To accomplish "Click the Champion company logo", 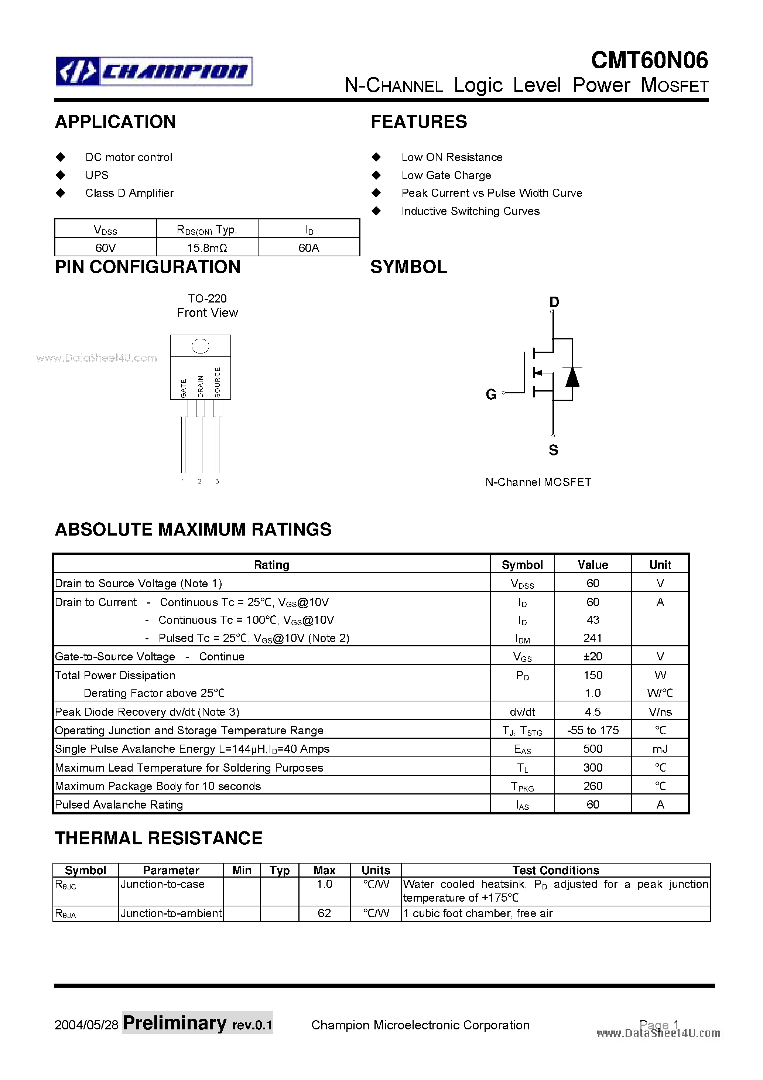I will (154, 72).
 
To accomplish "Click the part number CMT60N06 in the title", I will (649, 60).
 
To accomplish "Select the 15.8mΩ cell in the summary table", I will (207, 247).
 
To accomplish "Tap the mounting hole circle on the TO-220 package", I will (201, 346).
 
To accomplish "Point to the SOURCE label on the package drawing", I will (217, 382).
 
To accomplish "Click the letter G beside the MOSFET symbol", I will (491, 394).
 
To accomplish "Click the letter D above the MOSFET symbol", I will (554, 302).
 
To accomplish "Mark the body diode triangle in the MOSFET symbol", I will (572, 376).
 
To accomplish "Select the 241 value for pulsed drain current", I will (592, 638).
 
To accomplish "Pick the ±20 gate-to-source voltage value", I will (592, 656).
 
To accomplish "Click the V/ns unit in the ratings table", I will (660, 712).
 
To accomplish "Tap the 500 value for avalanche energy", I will (592, 749).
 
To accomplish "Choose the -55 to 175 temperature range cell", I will (592, 731).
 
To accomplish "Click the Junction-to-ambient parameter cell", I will (171, 913).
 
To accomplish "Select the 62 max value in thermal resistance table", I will (324, 913).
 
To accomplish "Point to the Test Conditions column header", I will (555, 870).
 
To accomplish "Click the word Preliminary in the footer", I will (175, 1023).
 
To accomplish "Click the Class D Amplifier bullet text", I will (129, 193).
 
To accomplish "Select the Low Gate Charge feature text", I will (446, 175).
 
